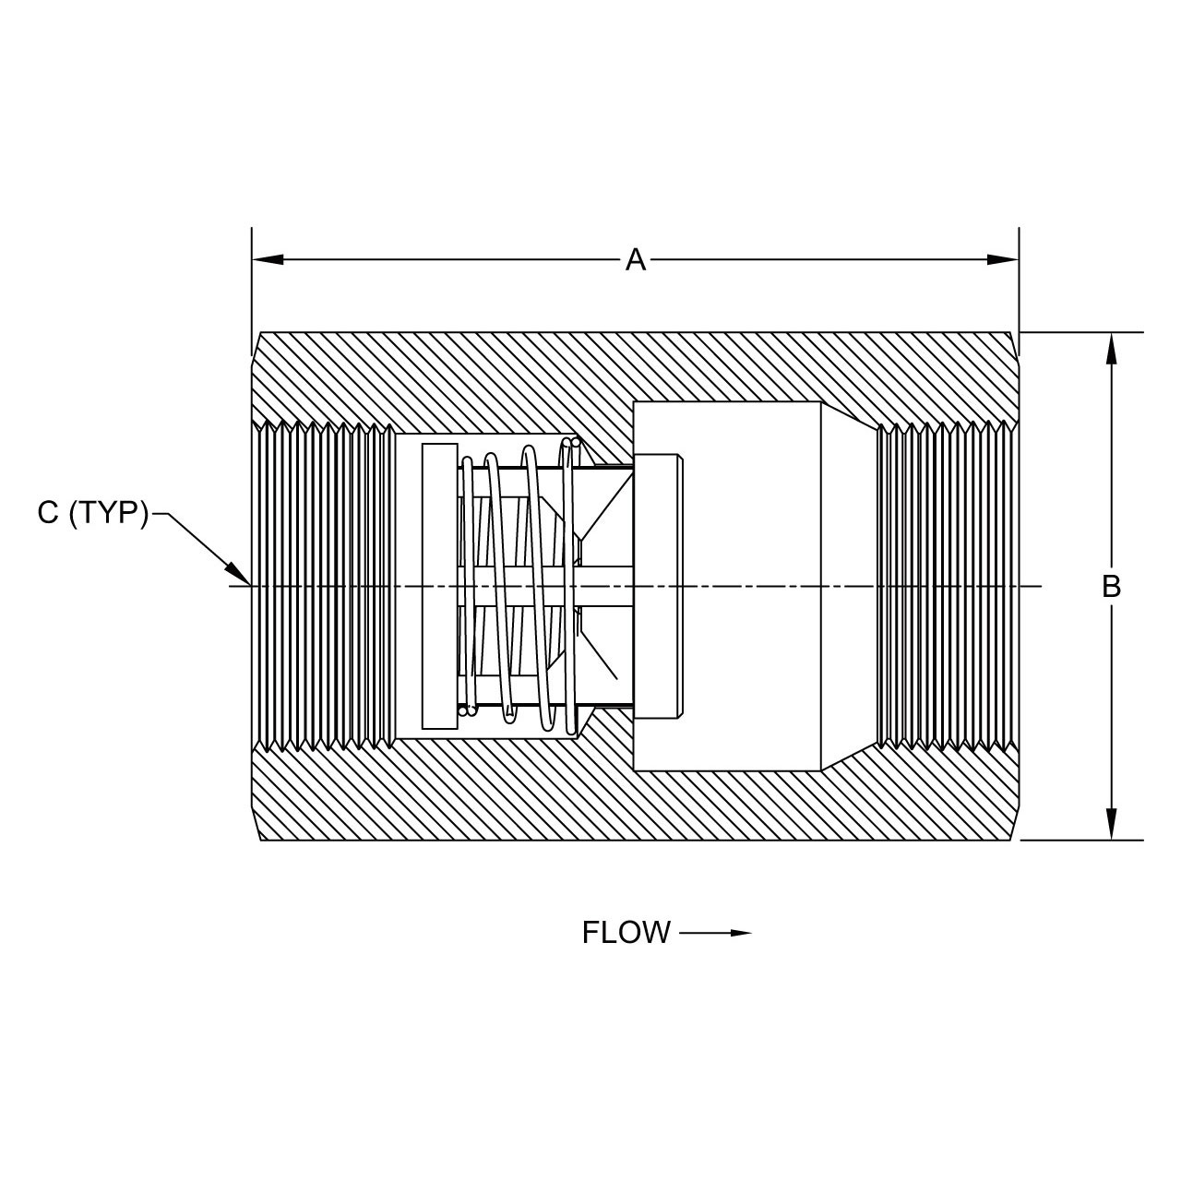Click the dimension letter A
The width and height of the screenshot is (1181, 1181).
point(635,260)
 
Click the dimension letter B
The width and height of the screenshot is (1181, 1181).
point(1111,586)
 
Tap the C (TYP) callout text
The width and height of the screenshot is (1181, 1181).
point(92,513)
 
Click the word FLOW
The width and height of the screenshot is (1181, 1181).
point(626,933)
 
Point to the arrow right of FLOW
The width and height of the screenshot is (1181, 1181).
point(716,933)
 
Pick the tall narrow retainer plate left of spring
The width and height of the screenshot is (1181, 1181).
point(439,586)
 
